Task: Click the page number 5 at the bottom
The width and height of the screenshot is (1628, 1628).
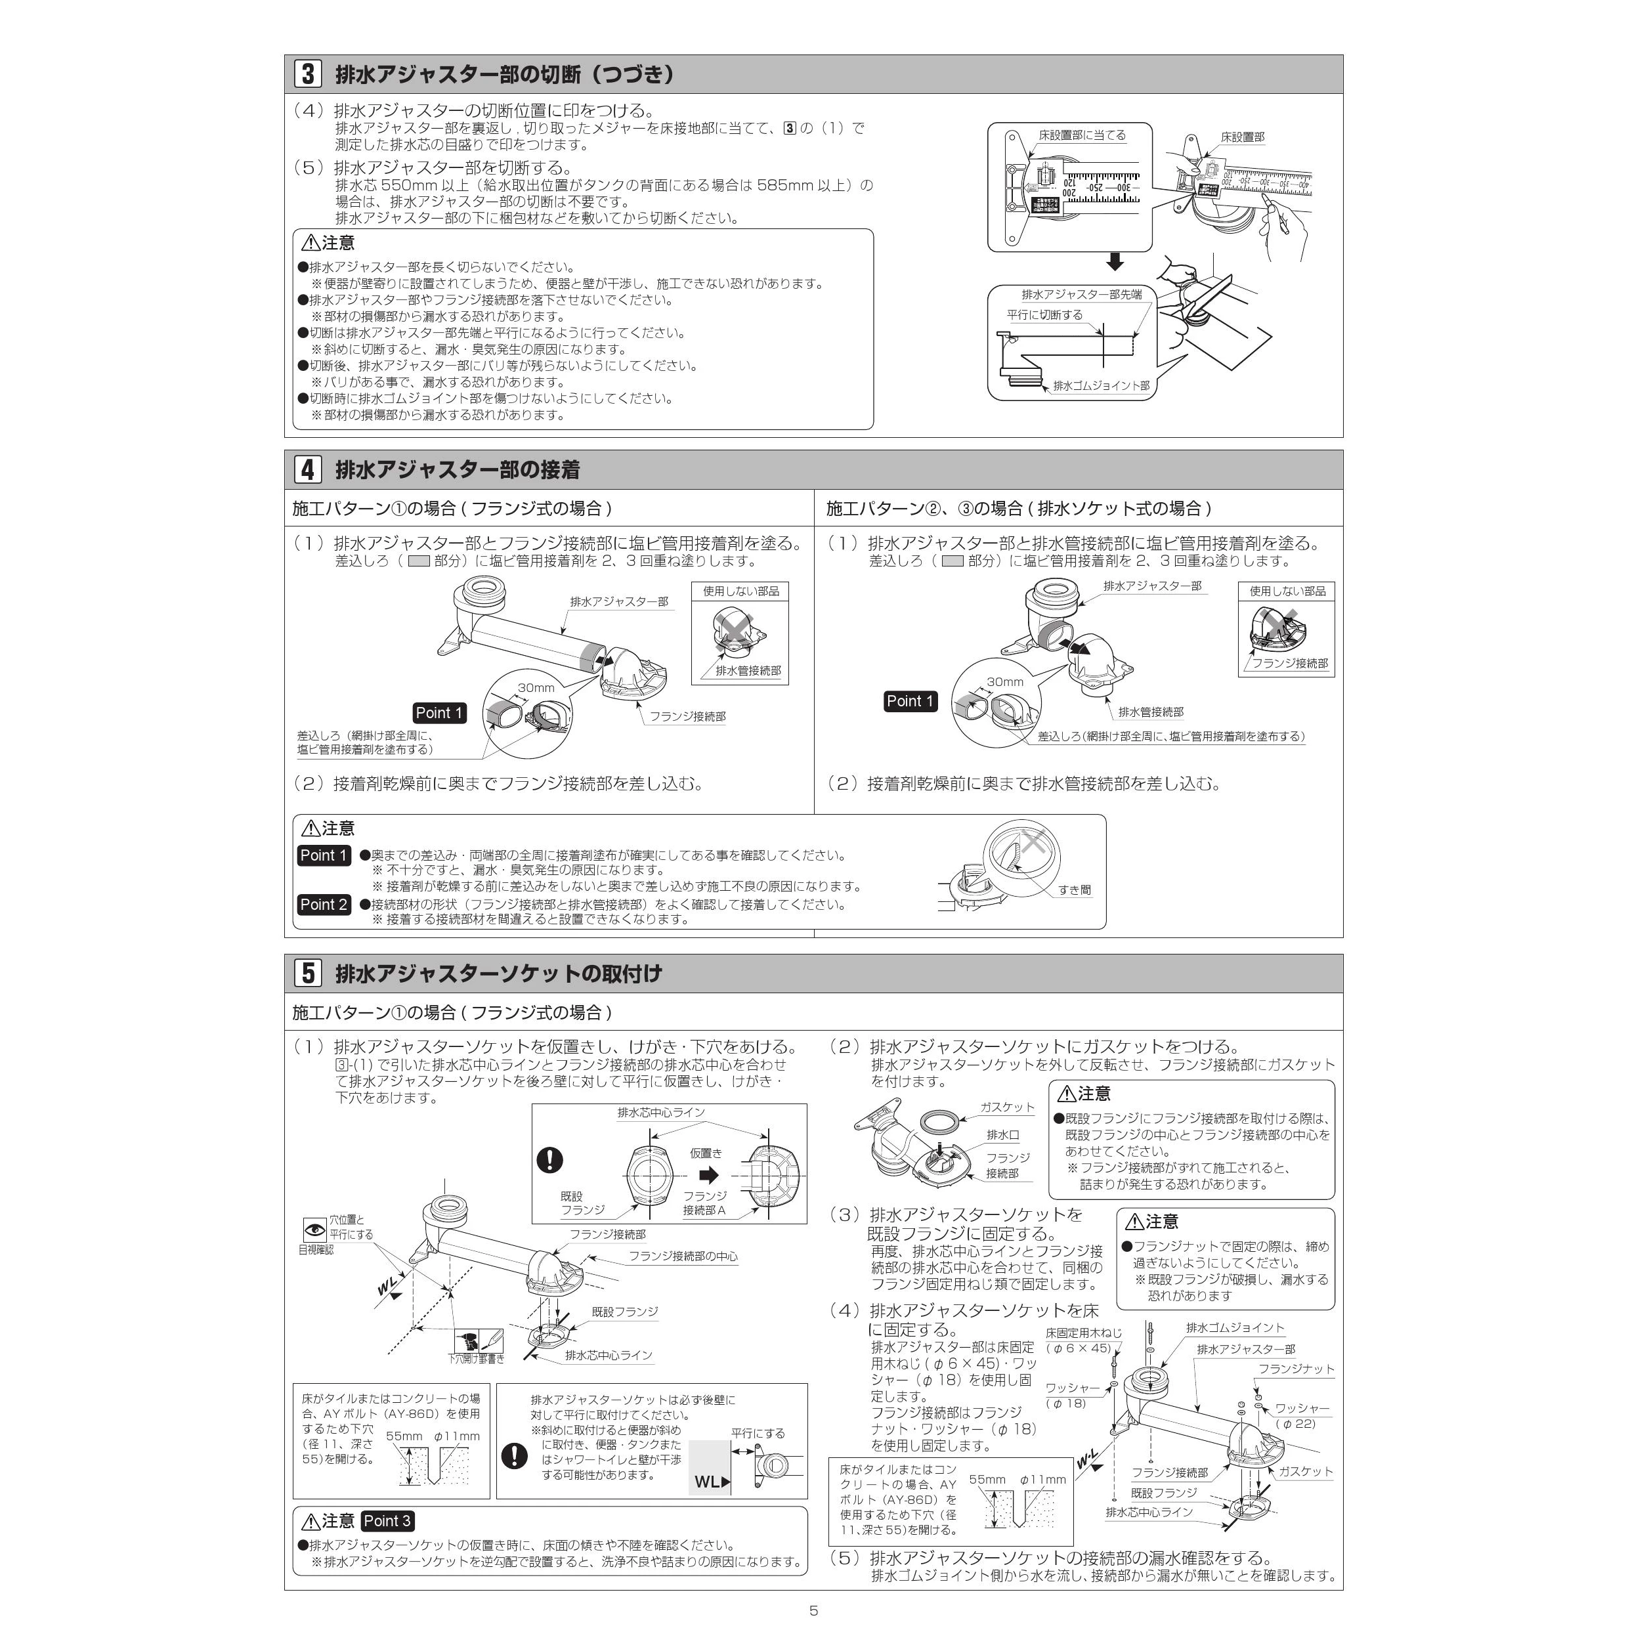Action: coord(813,1610)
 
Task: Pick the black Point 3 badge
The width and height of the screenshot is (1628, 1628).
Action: coord(387,1521)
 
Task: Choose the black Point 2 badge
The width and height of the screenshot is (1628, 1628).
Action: coord(324,904)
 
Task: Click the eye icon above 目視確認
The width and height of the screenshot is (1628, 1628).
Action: coord(315,1230)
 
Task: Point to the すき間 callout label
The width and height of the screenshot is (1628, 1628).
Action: coord(1075,890)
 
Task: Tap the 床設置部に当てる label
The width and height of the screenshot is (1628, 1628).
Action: coord(1082,135)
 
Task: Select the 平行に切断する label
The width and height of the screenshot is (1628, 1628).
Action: coord(1045,315)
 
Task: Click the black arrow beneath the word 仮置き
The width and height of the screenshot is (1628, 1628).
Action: coord(709,1174)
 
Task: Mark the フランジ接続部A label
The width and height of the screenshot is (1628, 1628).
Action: coord(704,1203)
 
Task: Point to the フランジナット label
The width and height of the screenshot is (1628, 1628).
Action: coord(1296,1369)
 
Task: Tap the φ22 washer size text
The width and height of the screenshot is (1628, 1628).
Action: coord(1295,1423)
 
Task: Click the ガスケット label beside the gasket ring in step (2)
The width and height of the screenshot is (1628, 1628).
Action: coord(1007,1107)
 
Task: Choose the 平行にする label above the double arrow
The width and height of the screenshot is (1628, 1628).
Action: coord(758,1433)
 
